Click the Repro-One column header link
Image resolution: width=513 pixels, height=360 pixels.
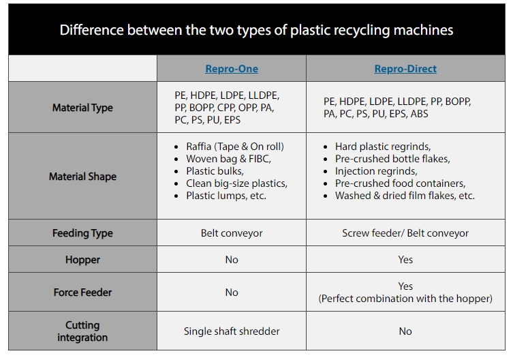pos(232,69)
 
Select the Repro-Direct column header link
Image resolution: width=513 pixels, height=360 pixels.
pos(405,69)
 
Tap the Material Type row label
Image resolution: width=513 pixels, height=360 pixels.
pos(82,108)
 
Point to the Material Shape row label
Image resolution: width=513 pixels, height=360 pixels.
pos(82,177)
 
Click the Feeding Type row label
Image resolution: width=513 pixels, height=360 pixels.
pos(82,233)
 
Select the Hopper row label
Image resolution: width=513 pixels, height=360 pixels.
pos(82,260)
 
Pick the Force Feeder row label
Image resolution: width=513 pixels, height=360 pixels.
pos(82,292)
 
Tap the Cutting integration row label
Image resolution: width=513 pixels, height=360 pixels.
pos(82,331)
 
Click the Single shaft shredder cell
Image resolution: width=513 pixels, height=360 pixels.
pos(232,331)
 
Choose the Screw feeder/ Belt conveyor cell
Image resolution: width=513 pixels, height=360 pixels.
pos(405,233)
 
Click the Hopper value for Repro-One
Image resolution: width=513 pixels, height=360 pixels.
pos(232,260)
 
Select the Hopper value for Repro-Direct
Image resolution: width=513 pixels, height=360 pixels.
pos(405,260)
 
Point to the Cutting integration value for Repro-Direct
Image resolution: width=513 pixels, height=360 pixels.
pos(405,331)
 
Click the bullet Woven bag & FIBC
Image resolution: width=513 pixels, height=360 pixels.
pos(228,159)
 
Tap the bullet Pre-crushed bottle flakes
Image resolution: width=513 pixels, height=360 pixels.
pos(392,159)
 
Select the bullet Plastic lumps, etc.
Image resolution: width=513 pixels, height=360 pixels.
pos(226,196)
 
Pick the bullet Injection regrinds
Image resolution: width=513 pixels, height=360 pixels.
pos(376,171)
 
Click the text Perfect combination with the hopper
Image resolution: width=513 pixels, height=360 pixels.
pos(405,299)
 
